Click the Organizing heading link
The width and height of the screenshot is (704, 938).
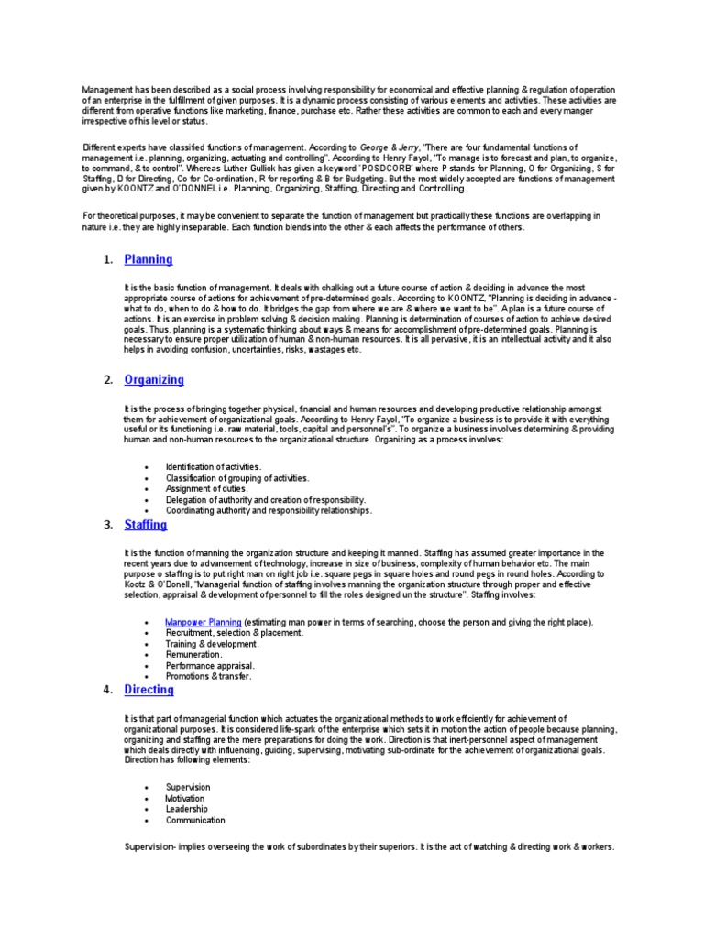(x=153, y=380)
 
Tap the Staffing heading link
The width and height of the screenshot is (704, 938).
(x=145, y=525)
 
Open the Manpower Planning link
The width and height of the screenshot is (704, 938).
(x=203, y=622)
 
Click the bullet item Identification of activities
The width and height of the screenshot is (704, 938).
(x=214, y=467)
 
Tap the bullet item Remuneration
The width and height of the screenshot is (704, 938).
(x=193, y=655)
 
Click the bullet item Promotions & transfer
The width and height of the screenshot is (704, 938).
(x=207, y=677)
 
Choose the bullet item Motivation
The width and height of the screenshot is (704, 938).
(x=186, y=799)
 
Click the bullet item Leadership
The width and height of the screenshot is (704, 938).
(x=186, y=810)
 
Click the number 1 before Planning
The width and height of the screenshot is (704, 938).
(x=108, y=261)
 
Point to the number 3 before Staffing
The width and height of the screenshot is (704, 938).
(x=108, y=526)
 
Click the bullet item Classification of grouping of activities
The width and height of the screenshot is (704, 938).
(x=236, y=478)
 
